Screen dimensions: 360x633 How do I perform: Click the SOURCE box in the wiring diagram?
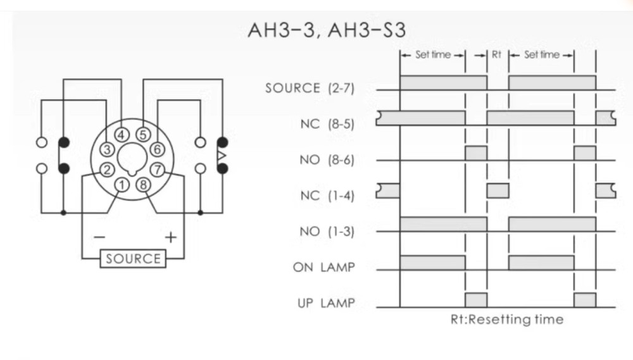coord(133,259)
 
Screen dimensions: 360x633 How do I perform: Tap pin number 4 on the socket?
coord(123,134)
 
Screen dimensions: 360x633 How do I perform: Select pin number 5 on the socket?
coord(143,134)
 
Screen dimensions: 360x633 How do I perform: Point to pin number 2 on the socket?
coord(108,169)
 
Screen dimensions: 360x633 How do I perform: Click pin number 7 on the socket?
coord(158,169)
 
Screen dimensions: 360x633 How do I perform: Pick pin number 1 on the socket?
coord(123,184)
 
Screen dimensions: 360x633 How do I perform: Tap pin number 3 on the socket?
coord(108,149)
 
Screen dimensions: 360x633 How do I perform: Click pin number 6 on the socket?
coord(158,149)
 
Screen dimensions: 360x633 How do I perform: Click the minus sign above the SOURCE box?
coord(100,237)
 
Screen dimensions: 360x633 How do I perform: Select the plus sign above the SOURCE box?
coord(170,237)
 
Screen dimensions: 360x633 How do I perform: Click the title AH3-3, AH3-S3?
coord(327,30)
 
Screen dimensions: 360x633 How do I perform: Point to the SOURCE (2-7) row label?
coord(310,88)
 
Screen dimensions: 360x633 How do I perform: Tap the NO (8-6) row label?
coord(327,160)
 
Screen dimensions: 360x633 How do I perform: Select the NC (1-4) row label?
coord(327,196)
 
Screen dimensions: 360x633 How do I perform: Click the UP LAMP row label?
coord(326,303)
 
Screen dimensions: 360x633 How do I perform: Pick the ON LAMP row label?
coord(323,267)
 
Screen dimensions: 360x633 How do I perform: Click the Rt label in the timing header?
coord(497,55)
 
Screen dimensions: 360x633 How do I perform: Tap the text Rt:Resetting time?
coord(506,319)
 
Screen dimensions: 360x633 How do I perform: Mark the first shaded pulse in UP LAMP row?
coord(476,300)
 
